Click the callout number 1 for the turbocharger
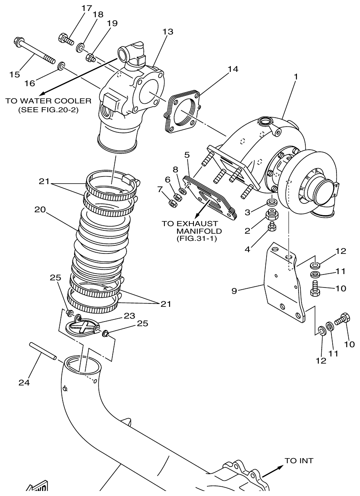click(296, 78)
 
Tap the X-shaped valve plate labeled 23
click(85, 327)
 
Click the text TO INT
click(299, 461)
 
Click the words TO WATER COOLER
click(48, 101)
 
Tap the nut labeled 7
click(172, 203)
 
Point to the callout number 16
click(29, 83)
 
